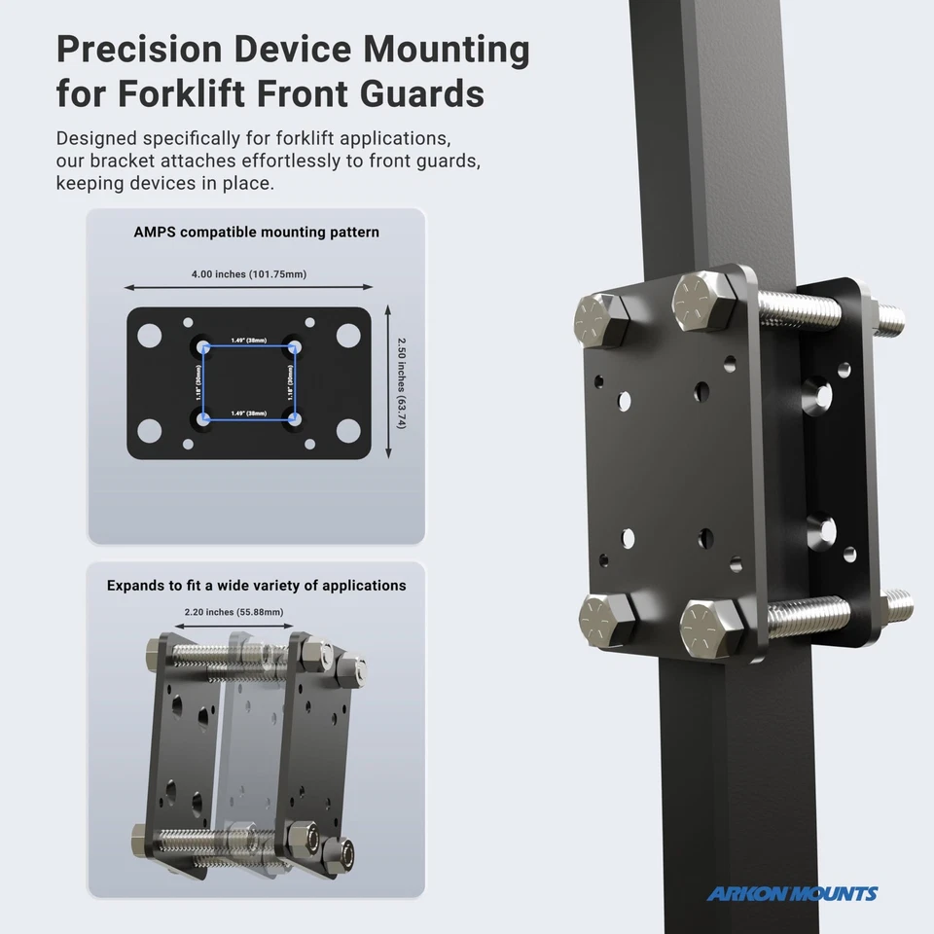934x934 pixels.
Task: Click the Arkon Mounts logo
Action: click(792, 894)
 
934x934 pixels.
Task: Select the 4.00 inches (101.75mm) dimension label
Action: click(248, 274)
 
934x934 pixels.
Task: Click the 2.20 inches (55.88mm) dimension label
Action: click(233, 612)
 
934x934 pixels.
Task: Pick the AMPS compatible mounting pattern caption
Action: click(257, 233)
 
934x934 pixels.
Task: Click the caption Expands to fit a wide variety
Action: click(257, 586)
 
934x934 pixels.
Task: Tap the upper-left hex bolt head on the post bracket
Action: click(601, 319)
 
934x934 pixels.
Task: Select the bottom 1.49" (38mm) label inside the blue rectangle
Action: click(250, 413)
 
